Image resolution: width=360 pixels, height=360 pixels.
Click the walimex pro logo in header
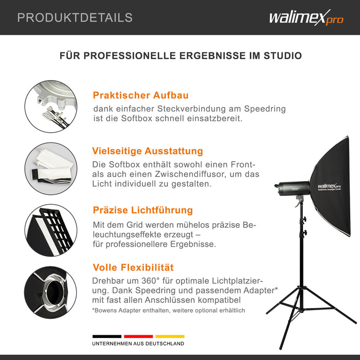click(x=305, y=18)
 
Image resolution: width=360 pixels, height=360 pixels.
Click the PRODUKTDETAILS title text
click(x=75, y=17)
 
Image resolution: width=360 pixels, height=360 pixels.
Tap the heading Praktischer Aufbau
click(x=140, y=95)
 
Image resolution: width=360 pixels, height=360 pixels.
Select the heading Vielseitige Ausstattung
click(x=148, y=151)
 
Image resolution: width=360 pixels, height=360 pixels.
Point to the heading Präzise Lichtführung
click(x=143, y=210)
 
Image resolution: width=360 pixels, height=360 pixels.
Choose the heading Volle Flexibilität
click(x=133, y=267)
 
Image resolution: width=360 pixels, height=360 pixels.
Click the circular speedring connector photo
click(x=51, y=106)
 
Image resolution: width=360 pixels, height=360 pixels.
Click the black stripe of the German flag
click(x=107, y=336)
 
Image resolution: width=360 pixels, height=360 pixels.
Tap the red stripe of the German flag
click(x=138, y=336)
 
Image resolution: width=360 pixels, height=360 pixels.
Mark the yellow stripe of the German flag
click(x=169, y=336)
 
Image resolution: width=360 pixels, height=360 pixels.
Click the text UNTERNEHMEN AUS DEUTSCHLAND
click(x=138, y=344)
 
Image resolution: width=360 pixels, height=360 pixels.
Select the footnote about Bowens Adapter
click(x=169, y=311)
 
